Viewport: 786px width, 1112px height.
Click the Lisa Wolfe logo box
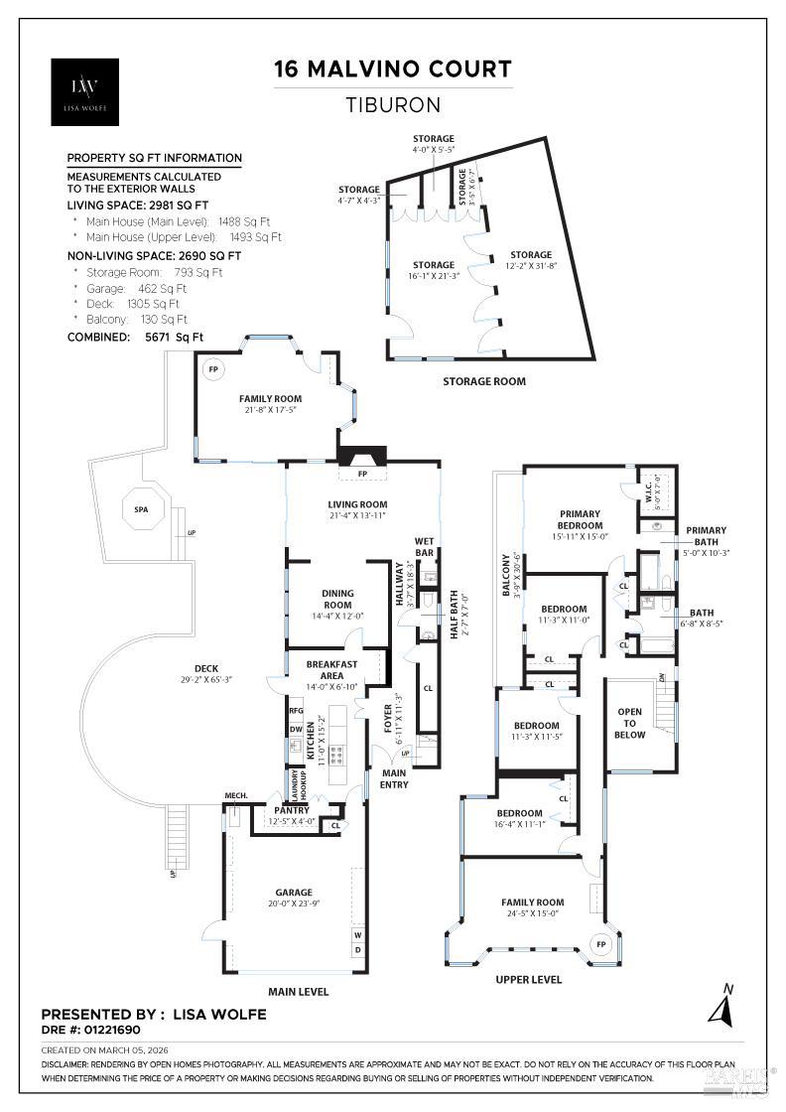click(x=84, y=91)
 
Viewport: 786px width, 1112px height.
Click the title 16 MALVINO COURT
click(x=393, y=69)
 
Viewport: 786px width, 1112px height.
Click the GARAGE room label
click(x=294, y=892)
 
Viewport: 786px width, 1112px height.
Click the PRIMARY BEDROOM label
click(x=580, y=519)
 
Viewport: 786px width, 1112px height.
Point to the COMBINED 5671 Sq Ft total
click(x=135, y=337)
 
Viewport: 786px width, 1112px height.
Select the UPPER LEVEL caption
click(x=529, y=979)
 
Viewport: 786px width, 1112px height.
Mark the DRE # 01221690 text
click(x=98, y=1031)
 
